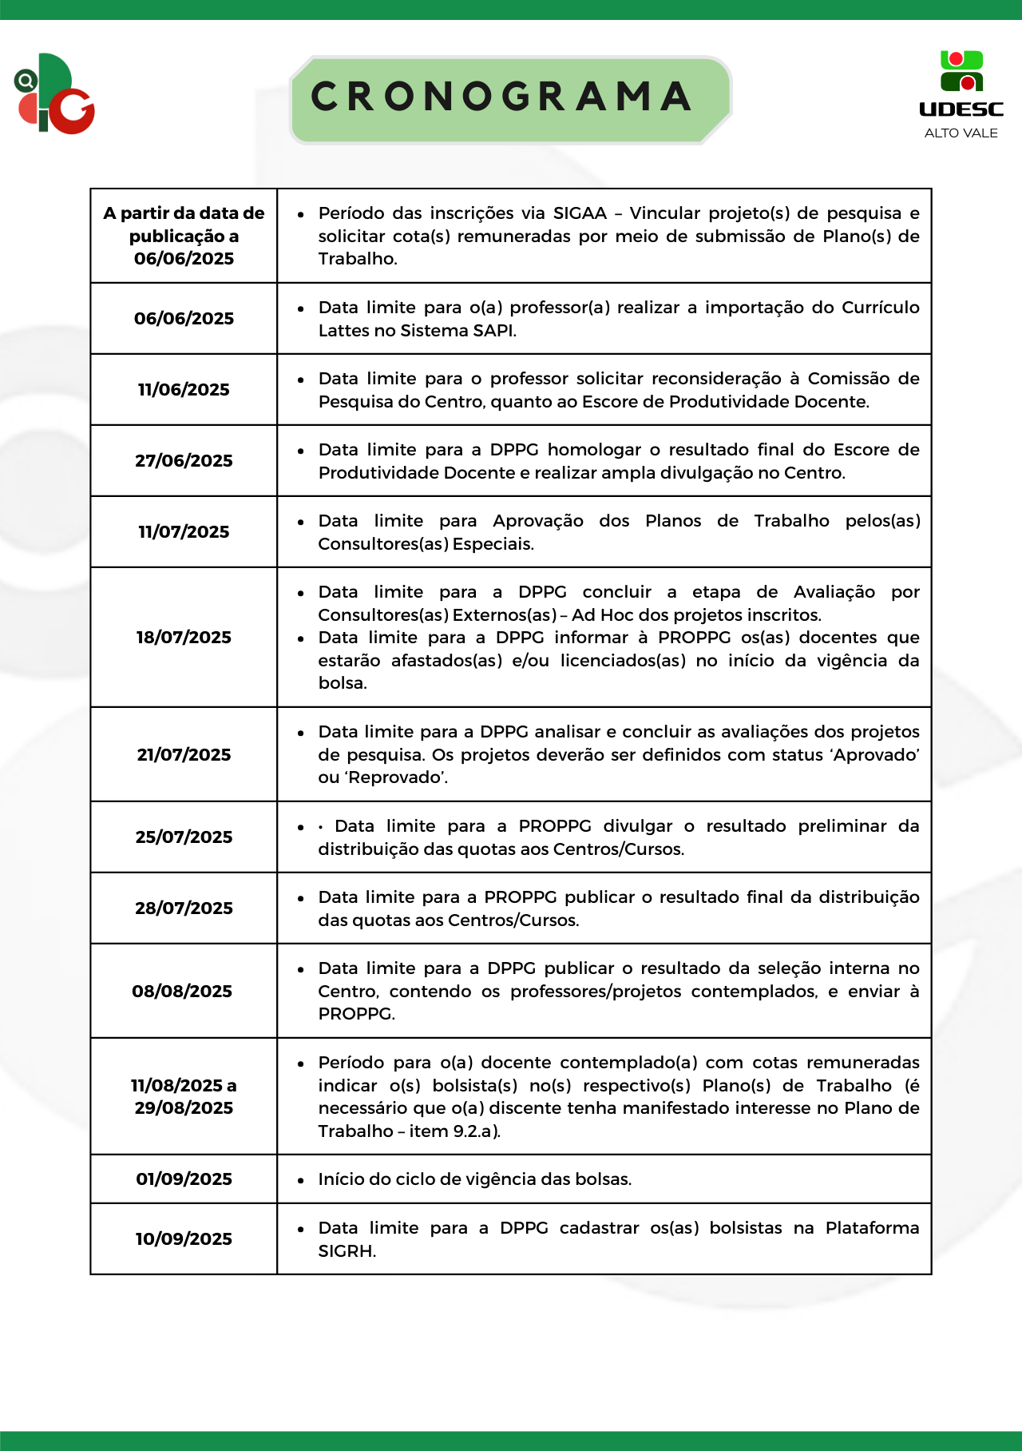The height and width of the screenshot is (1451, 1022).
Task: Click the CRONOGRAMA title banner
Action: pyautogui.click(x=510, y=98)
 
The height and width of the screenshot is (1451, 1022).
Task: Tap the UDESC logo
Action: pyautogui.click(x=961, y=85)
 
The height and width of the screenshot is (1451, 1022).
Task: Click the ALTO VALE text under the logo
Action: pyautogui.click(x=961, y=133)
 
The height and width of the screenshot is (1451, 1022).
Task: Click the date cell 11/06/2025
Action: pyautogui.click(x=184, y=390)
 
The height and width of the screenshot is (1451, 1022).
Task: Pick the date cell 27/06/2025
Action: pyautogui.click(x=184, y=461)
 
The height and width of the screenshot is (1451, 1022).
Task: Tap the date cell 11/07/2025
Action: pyautogui.click(x=184, y=532)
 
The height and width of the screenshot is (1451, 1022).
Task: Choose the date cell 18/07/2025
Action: pyautogui.click(x=184, y=638)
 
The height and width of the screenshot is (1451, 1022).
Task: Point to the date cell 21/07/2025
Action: pyautogui.click(x=184, y=755)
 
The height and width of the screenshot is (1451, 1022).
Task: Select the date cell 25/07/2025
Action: pyautogui.click(x=184, y=837)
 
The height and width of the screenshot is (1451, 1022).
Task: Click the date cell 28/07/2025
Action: pyautogui.click(x=184, y=908)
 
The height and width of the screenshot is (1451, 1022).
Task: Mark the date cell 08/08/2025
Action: pyautogui.click(x=182, y=992)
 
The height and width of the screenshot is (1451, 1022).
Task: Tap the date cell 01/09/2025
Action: pyautogui.click(x=184, y=1179)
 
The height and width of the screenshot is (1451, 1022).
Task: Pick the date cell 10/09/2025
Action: pyautogui.click(x=184, y=1239)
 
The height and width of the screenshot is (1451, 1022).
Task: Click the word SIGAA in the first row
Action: pyautogui.click(x=580, y=213)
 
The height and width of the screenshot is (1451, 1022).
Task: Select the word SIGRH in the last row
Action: pyautogui.click(x=346, y=1251)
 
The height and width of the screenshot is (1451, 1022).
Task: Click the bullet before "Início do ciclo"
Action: pyautogui.click(x=301, y=1180)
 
